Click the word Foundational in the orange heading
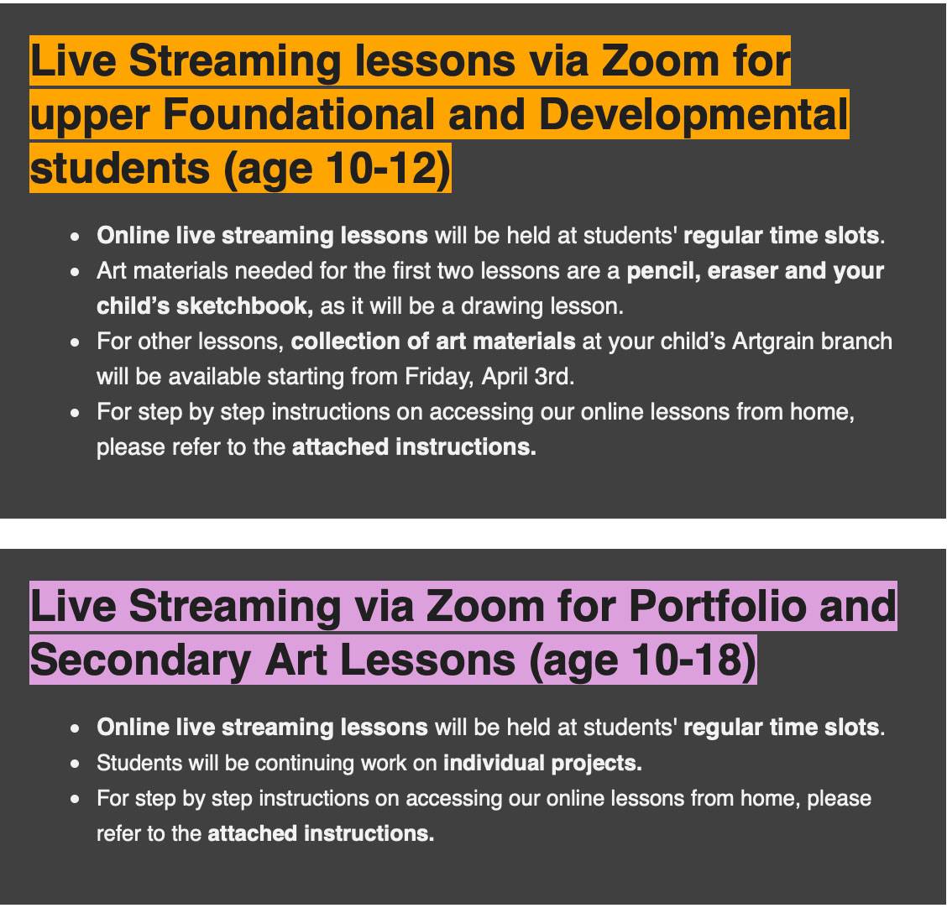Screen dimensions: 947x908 point(299,115)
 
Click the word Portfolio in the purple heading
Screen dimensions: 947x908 point(717,606)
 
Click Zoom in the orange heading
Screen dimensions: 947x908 point(660,61)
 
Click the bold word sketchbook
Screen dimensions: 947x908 point(242,306)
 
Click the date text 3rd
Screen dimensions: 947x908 point(554,377)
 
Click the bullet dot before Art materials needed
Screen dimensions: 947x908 point(75,272)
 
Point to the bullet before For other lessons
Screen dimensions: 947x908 point(75,343)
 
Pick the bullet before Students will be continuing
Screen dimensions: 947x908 point(75,764)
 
